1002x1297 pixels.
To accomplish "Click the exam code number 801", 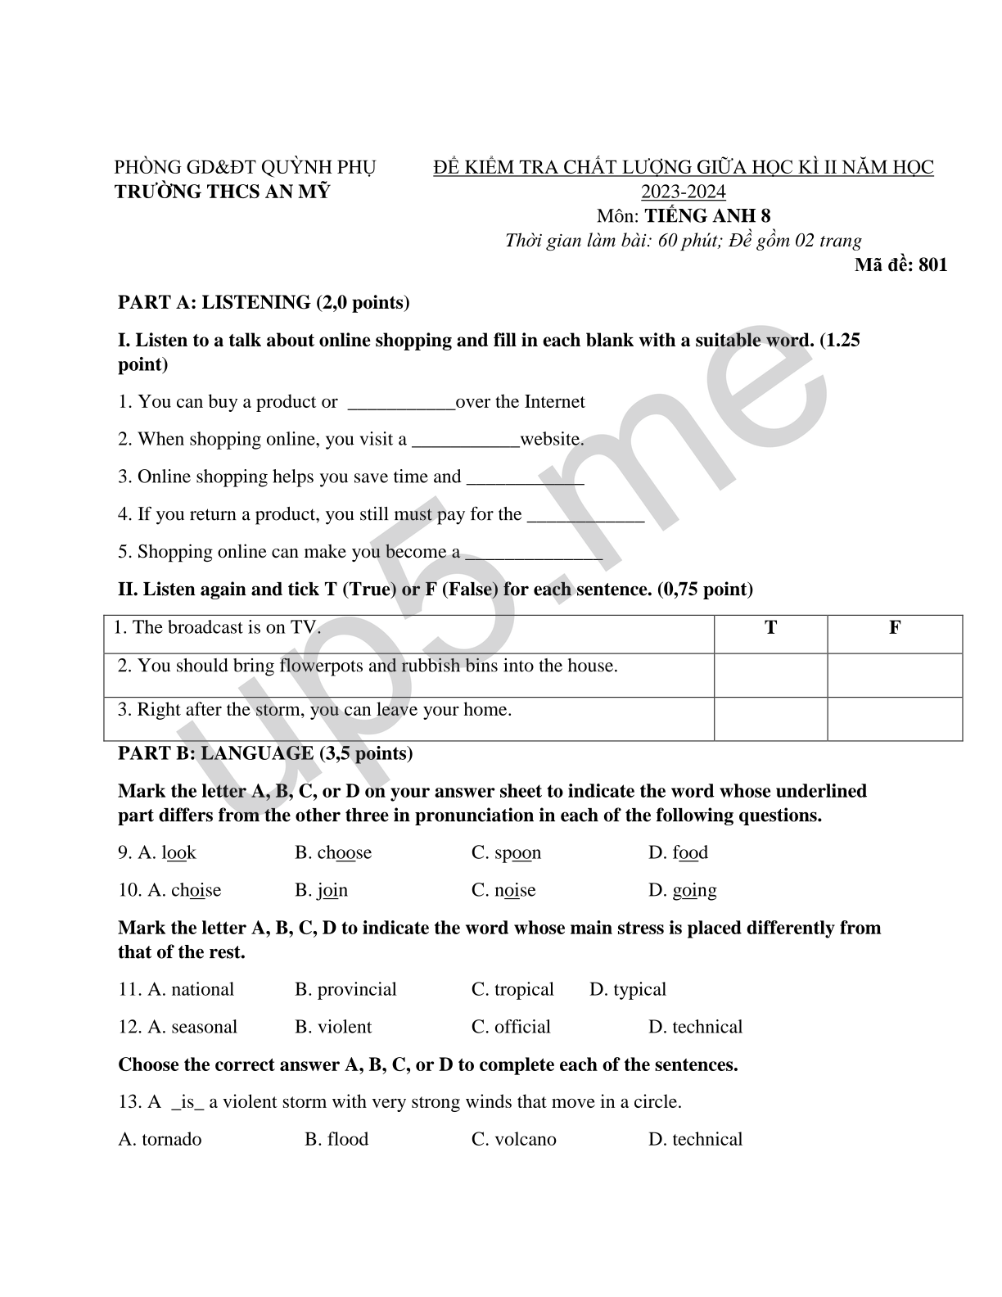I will click(932, 264).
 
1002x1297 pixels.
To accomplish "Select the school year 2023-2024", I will click(683, 192).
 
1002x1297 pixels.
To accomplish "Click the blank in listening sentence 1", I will click(401, 403).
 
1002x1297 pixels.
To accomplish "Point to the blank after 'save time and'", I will click(525, 478).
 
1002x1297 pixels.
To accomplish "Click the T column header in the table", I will click(770, 628).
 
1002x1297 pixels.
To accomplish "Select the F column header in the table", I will click(895, 628).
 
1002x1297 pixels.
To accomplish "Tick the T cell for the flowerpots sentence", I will click(770, 675).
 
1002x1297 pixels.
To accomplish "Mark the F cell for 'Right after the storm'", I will click(895, 718).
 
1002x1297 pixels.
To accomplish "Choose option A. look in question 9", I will click(167, 852).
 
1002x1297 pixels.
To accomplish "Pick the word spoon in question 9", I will click(517, 852).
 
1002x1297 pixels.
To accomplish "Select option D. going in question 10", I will click(683, 890).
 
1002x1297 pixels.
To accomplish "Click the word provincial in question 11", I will click(356, 989).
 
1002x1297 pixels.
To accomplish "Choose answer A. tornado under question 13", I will click(160, 1139).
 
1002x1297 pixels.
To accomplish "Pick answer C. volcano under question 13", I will click(514, 1139).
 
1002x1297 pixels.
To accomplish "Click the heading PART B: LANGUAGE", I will click(265, 753).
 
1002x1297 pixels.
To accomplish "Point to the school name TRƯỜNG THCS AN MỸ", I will click(223, 192).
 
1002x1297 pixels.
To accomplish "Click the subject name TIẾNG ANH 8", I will click(707, 215).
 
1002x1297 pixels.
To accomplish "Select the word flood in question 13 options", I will click(348, 1139).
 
